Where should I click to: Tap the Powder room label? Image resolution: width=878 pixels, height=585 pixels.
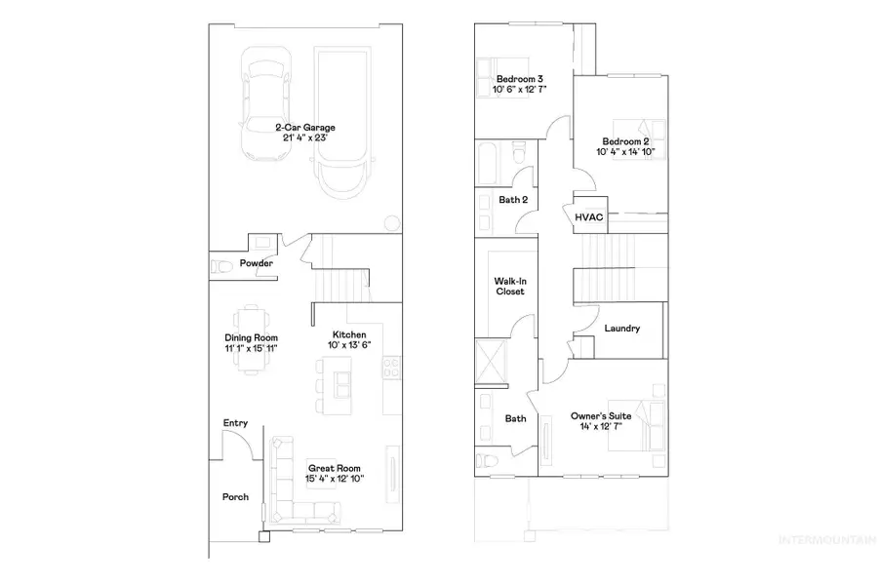click(258, 263)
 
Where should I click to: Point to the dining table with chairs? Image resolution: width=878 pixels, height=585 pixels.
click(251, 320)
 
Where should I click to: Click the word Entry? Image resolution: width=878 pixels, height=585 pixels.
click(235, 423)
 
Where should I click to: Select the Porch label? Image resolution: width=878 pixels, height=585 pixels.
click(235, 497)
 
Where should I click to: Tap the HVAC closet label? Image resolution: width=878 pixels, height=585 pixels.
click(587, 217)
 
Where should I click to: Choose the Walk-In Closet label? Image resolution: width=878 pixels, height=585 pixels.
click(509, 286)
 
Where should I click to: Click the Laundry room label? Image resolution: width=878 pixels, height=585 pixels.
click(621, 329)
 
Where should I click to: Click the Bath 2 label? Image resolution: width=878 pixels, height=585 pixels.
click(513, 200)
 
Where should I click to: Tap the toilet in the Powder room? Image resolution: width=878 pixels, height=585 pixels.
click(220, 265)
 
